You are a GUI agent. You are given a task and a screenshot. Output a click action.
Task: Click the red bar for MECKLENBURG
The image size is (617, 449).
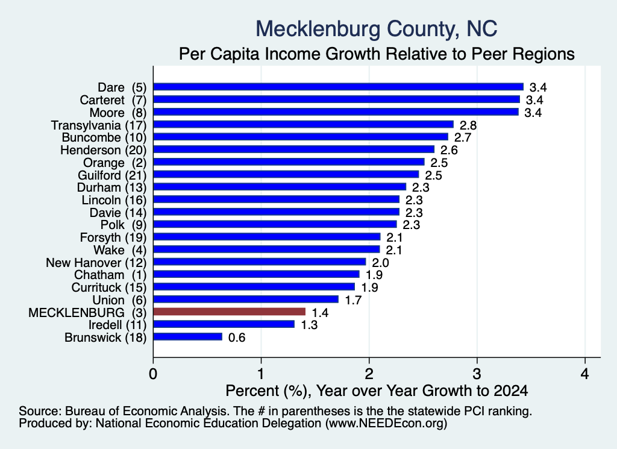(230, 312)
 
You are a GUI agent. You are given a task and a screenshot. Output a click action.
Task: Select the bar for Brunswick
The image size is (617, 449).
(188, 337)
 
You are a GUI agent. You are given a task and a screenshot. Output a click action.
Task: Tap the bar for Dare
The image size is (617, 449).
(339, 87)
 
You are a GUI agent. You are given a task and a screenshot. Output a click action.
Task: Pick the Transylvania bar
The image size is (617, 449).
(304, 124)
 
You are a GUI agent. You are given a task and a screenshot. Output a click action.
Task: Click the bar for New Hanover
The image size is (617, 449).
(260, 262)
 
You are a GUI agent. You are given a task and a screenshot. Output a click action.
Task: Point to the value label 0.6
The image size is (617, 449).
(237, 338)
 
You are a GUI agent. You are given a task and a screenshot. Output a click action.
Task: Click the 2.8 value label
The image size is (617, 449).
(468, 125)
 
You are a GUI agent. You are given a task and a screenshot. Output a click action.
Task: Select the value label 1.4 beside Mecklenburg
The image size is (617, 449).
(320, 313)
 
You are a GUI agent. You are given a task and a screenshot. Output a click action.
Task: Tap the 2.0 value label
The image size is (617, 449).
(381, 263)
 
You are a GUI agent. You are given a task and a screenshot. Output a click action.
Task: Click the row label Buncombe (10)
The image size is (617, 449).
(104, 137)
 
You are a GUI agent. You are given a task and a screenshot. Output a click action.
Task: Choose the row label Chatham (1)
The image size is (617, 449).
(110, 275)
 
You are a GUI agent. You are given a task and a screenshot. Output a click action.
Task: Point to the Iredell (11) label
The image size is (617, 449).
(117, 325)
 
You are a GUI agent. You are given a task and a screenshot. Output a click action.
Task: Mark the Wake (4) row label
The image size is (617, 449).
(120, 250)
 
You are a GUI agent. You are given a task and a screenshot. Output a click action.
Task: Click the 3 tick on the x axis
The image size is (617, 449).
(477, 374)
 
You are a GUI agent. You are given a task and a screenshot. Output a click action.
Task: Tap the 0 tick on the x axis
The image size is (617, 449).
(153, 374)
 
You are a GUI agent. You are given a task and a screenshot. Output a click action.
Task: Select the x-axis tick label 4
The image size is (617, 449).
(585, 374)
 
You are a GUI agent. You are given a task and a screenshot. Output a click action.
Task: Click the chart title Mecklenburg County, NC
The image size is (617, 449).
(377, 29)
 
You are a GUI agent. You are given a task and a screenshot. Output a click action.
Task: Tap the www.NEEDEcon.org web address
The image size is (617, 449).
(386, 424)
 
